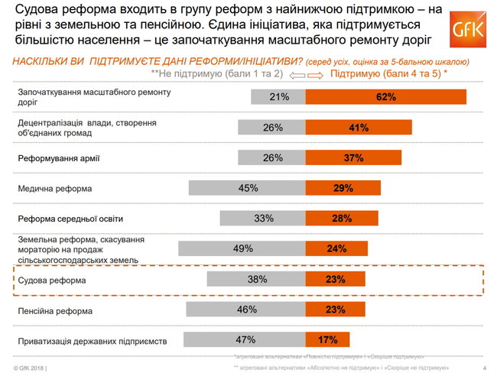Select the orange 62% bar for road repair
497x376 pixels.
point(386,97)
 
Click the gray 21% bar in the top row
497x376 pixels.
point(278,97)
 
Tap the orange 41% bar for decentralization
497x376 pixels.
point(359,128)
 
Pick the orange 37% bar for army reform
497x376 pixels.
point(352,158)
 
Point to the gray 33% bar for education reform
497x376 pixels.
point(263,219)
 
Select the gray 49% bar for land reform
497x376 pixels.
point(242,248)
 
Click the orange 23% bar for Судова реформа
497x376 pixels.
point(334,280)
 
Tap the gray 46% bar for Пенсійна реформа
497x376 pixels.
point(245,310)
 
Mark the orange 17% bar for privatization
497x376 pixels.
point(327,340)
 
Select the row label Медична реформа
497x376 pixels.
point(54,188)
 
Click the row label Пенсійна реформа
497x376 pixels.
point(55,311)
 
